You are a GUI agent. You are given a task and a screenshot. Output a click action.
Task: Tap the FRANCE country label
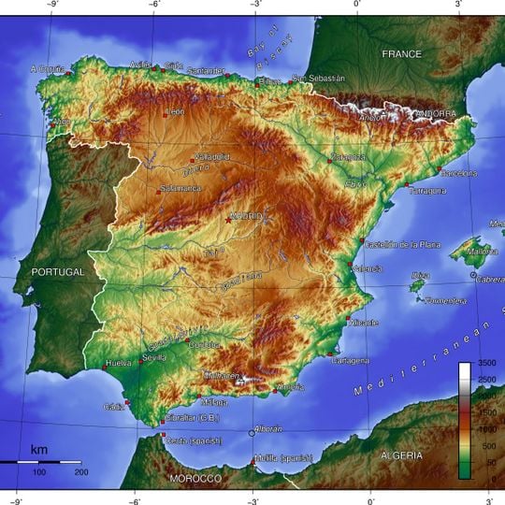click(401, 54)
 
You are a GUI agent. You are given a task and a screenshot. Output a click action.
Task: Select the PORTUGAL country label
click(58, 271)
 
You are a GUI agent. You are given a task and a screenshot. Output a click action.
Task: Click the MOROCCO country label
click(195, 479)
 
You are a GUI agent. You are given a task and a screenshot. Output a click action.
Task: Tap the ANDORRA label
click(435, 113)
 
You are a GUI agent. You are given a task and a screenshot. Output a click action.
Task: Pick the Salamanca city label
click(180, 188)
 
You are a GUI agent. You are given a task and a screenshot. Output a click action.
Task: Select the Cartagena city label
click(351, 360)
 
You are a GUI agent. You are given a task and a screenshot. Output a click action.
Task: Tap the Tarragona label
click(427, 190)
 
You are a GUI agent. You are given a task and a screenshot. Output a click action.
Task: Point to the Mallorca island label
click(483, 251)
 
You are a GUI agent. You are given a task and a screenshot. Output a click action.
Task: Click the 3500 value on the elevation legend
click(485, 362)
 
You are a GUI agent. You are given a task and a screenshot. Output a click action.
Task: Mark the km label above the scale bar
click(39, 450)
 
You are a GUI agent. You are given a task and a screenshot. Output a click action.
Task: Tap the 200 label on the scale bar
click(80, 472)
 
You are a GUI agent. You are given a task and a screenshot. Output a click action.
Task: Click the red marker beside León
click(166, 112)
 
